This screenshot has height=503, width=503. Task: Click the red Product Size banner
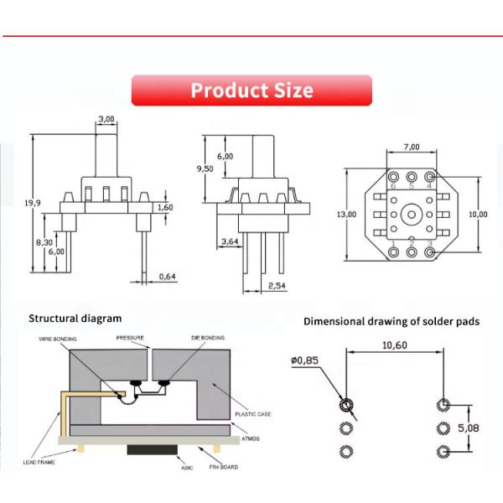(251, 91)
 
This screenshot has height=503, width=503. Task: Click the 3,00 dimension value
(106, 120)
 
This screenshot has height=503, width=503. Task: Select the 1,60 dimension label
(165, 207)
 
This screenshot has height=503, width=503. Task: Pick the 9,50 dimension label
(205, 169)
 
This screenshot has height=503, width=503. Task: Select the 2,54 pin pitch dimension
(276, 286)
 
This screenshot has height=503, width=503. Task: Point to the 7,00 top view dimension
(411, 147)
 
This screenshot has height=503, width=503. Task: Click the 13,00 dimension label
(346, 215)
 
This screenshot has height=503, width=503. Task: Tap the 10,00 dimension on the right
(478, 215)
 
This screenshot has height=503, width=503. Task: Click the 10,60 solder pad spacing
(394, 345)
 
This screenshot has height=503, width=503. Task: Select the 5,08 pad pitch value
(469, 428)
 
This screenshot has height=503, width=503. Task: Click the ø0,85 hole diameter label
(306, 361)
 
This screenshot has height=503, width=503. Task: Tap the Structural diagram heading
(75, 319)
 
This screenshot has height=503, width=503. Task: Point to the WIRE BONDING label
(58, 338)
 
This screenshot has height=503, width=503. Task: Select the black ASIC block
(151, 450)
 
